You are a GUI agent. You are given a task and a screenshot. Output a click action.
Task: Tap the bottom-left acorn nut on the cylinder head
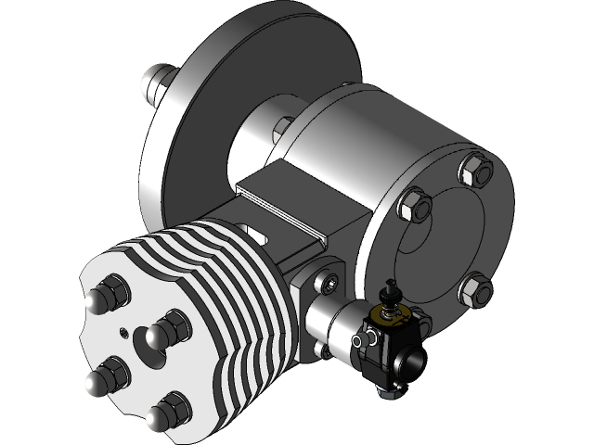101,378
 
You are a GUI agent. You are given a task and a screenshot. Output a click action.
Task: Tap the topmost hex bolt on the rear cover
473,168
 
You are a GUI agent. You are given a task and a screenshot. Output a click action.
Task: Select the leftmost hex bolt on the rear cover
412,205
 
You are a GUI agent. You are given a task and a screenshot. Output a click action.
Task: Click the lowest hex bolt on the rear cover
475,290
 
